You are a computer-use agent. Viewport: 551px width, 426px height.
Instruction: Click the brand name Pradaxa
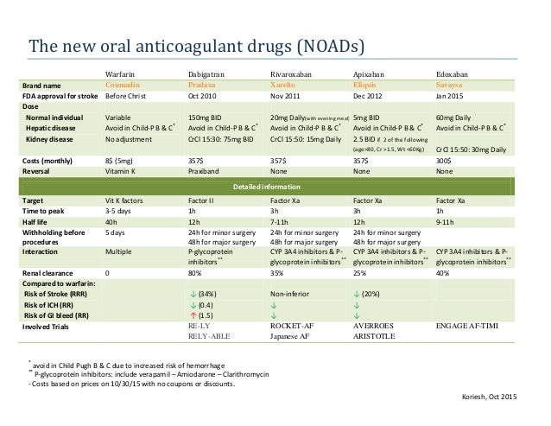(204, 86)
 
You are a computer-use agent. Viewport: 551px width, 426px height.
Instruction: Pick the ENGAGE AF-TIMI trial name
(474, 327)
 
